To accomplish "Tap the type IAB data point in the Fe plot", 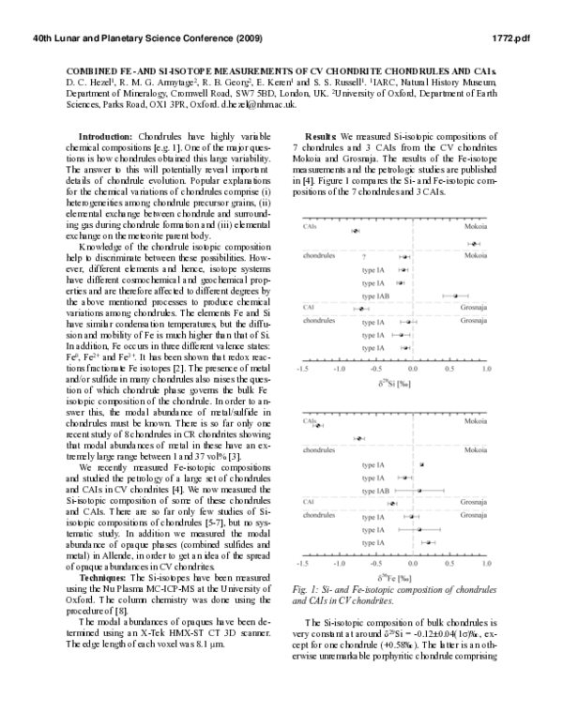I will point(419,490).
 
